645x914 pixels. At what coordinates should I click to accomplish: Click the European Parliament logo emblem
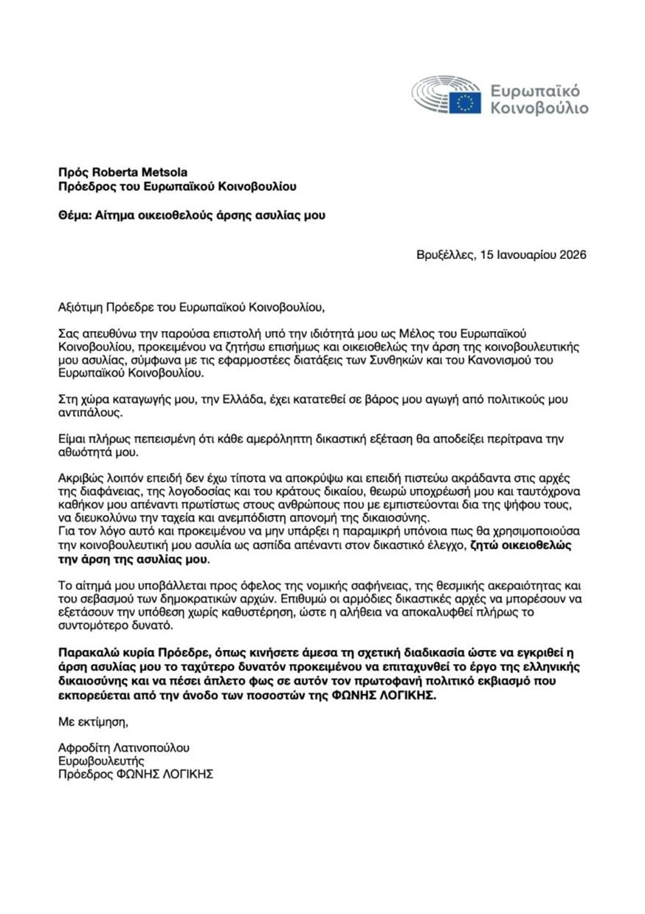(446, 96)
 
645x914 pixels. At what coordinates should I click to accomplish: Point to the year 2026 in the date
(571, 256)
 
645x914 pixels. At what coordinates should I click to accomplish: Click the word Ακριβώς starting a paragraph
(80, 480)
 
